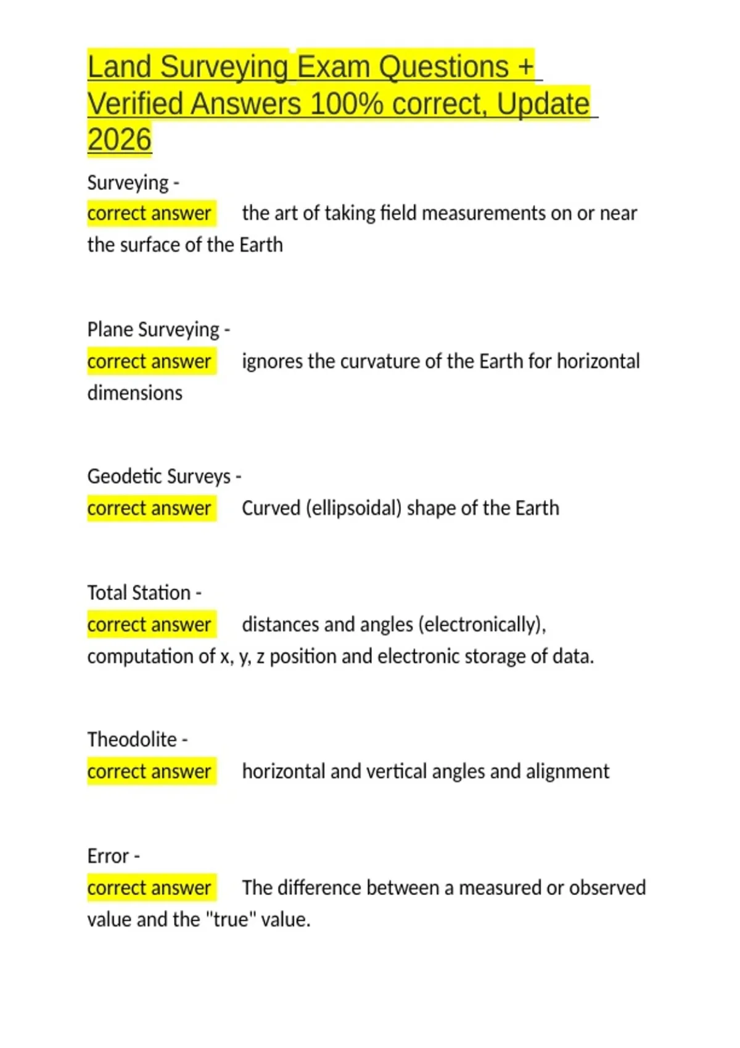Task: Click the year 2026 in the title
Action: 119,139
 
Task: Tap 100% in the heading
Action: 347,104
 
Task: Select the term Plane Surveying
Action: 153,330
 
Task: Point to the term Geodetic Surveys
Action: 158,477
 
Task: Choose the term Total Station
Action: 139,593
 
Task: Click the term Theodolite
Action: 132,740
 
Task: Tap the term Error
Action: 108,856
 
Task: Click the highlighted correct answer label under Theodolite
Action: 149,772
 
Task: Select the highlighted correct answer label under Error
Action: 149,888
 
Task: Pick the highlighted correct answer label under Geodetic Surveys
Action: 149,509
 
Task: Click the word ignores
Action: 272,361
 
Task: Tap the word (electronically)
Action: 482,625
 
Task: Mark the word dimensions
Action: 134,393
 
